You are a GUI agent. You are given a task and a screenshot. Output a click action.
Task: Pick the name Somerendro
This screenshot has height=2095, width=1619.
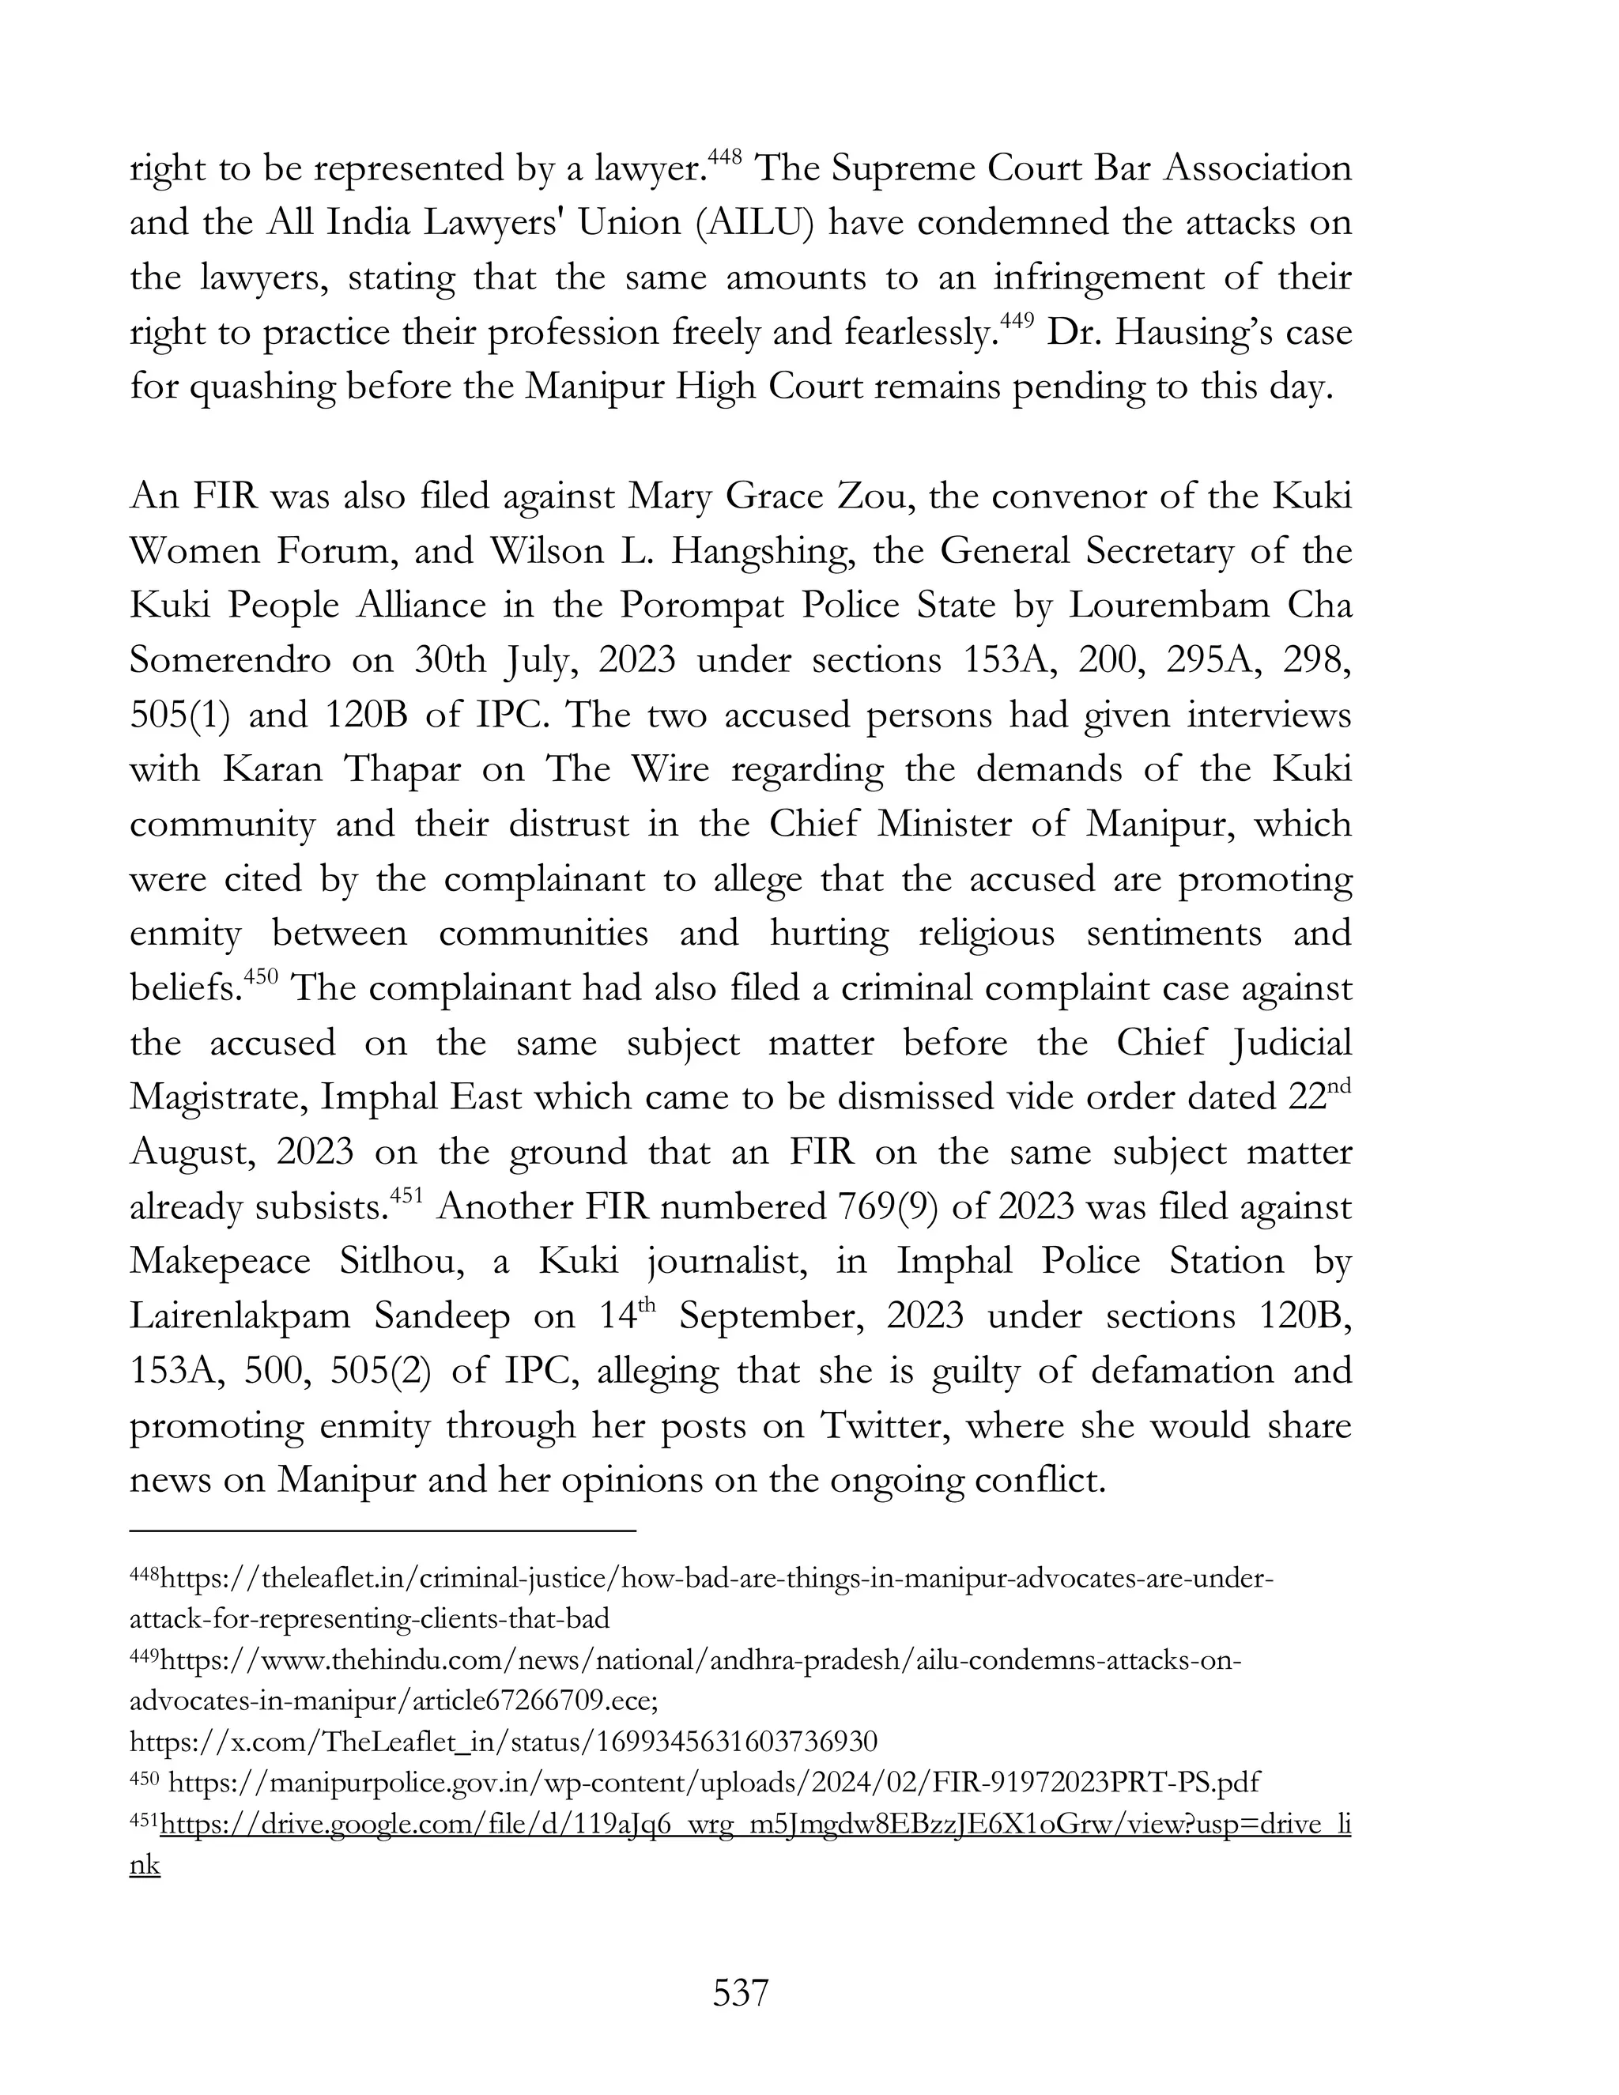coord(230,661)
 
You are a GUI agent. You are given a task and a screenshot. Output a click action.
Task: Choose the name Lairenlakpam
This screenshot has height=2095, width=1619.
coord(240,1316)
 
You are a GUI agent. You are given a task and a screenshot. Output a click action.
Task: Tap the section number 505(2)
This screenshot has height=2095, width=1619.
coord(375,1371)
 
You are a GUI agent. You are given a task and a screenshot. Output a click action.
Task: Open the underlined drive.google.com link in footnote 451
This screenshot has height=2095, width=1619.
coord(755,1824)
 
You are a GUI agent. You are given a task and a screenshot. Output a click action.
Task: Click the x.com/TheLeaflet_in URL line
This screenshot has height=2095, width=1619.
coord(504,1741)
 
